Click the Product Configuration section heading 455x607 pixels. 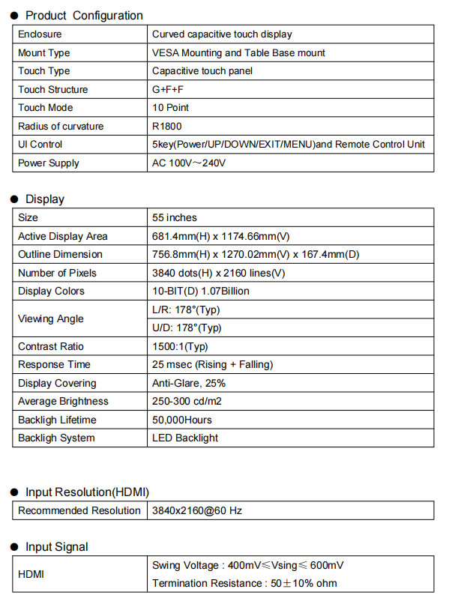(x=84, y=15)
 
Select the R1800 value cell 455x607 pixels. (x=166, y=126)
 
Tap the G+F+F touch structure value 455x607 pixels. (x=168, y=89)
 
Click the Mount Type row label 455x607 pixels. (x=43, y=52)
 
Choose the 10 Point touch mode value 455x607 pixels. (x=170, y=108)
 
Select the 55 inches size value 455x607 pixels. (x=174, y=217)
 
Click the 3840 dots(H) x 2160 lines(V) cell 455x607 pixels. (x=218, y=273)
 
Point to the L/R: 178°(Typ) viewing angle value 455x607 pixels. (x=185, y=309)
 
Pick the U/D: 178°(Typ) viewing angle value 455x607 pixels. (x=186, y=327)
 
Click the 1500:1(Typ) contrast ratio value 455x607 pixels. (x=179, y=346)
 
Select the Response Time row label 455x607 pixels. (x=54, y=364)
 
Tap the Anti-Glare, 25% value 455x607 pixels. (x=188, y=383)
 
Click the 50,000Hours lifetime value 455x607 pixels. (x=181, y=420)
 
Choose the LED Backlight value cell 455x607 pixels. (x=184, y=438)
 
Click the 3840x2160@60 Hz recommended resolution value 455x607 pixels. (x=196, y=510)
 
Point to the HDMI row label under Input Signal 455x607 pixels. (x=31, y=574)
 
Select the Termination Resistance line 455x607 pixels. (x=244, y=583)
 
